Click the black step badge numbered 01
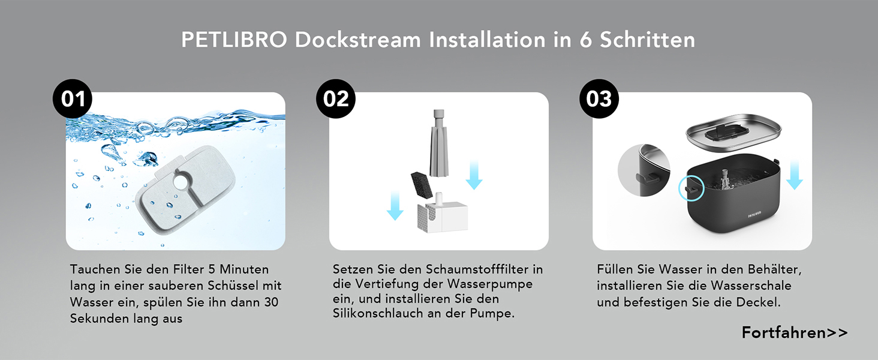[73, 99]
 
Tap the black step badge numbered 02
[336, 99]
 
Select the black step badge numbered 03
[599, 99]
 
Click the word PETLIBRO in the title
[234, 40]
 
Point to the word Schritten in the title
[648, 40]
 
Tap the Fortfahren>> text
[795, 332]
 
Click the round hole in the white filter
[181, 182]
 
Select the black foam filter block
[422, 184]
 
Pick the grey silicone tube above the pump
[439, 143]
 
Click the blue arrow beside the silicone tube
[474, 175]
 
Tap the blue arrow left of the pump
[395, 206]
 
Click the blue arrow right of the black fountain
[795, 175]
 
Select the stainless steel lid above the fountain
[733, 133]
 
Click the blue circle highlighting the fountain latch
[691, 188]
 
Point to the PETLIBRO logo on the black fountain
[754, 214]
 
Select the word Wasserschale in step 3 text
[751, 286]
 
